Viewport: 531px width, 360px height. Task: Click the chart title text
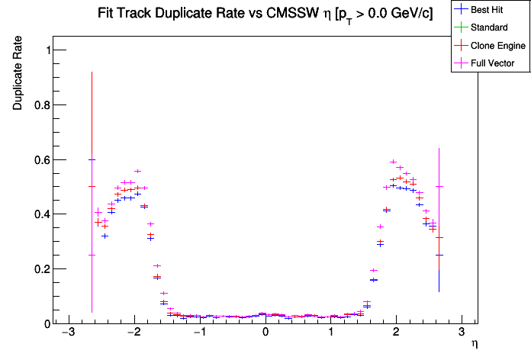265,14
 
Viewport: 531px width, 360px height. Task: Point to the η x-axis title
474,345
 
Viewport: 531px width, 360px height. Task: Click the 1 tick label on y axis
43,50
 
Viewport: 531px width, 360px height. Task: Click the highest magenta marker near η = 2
393,162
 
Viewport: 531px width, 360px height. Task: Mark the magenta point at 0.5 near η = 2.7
439,186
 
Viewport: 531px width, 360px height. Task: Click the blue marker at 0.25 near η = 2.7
439,255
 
